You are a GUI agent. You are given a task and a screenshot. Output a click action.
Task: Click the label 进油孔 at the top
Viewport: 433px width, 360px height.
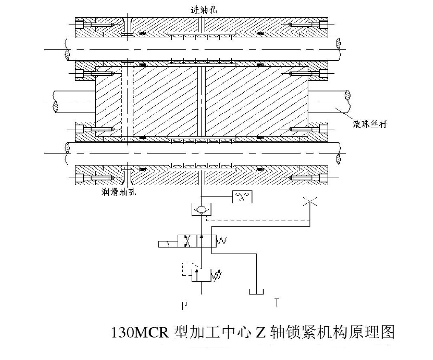tap(203, 10)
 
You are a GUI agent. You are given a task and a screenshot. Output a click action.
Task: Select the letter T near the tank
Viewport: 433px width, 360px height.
tap(276, 303)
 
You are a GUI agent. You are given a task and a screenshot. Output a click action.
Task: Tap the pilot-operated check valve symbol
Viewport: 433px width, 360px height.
tap(201, 209)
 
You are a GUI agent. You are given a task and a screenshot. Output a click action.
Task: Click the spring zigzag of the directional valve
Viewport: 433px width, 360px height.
tap(222, 241)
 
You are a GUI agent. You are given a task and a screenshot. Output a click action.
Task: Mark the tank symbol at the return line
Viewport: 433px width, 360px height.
tap(255, 292)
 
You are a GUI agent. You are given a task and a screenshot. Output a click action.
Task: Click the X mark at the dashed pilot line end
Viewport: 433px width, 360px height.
tap(310, 202)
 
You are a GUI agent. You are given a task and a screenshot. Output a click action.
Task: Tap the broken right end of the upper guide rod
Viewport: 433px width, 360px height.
tap(339, 49)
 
